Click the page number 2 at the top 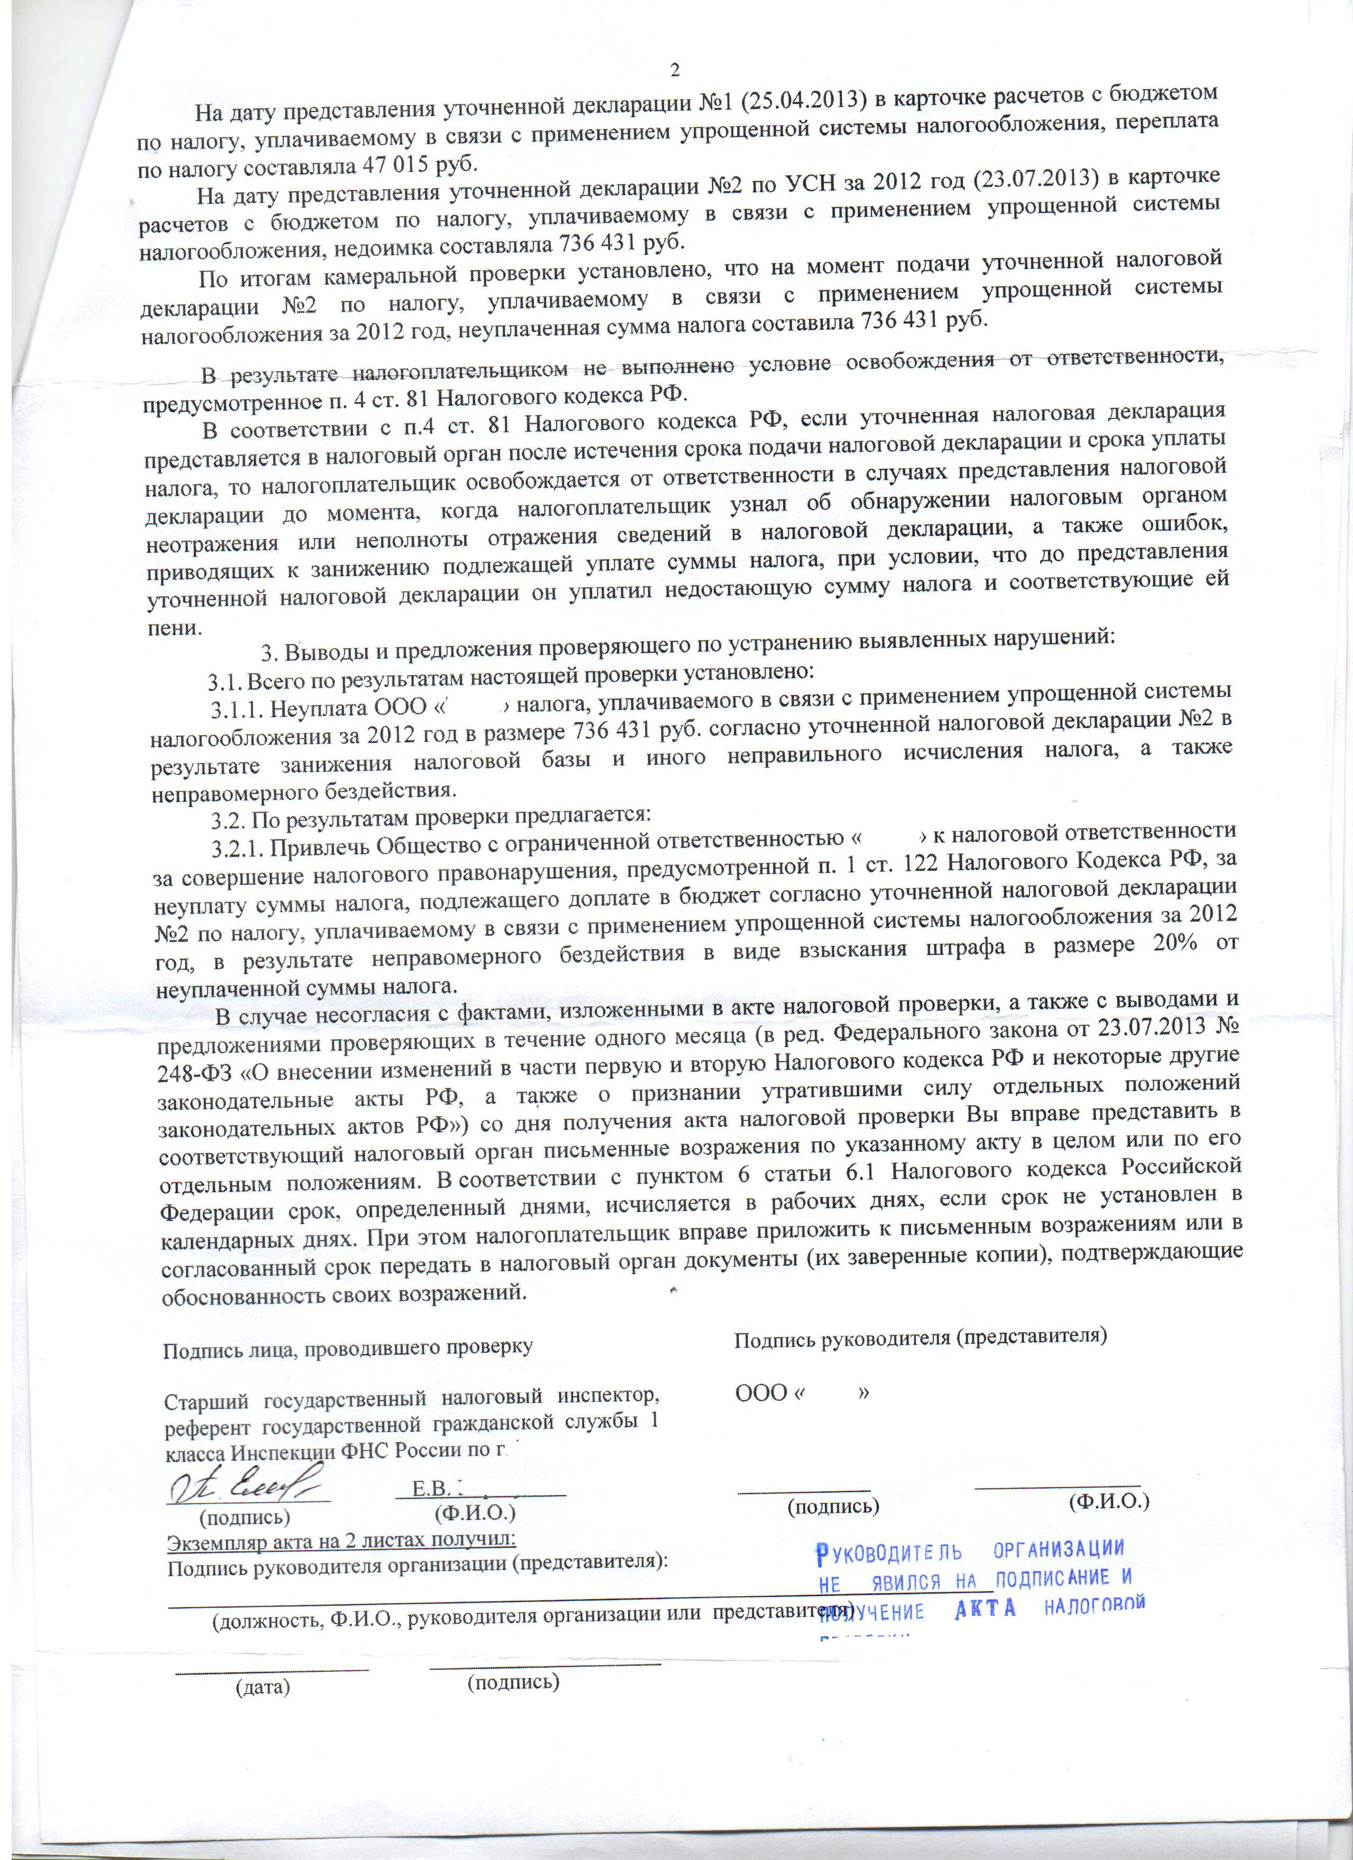(x=675, y=71)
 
